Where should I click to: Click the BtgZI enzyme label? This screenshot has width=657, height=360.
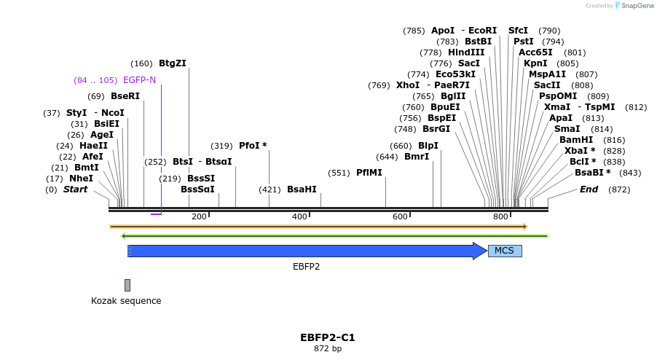(x=173, y=63)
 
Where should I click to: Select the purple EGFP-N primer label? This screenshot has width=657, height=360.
(x=139, y=80)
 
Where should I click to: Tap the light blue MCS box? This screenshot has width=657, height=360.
(x=504, y=251)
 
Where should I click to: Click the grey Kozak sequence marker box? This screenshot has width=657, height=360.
(x=127, y=285)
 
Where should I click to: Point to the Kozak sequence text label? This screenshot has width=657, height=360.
(x=126, y=301)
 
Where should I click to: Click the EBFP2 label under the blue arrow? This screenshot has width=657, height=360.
(x=306, y=267)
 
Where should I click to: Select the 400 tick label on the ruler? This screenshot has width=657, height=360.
(x=299, y=216)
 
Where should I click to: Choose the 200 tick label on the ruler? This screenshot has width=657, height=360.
(x=199, y=216)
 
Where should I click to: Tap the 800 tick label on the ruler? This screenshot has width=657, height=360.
(x=500, y=216)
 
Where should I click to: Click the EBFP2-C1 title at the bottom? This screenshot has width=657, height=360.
(x=328, y=337)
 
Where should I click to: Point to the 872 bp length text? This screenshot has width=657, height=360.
(x=328, y=348)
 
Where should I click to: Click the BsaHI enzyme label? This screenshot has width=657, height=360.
(x=302, y=189)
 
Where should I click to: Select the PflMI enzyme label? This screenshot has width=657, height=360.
(x=369, y=173)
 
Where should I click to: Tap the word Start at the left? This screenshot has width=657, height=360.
(x=75, y=189)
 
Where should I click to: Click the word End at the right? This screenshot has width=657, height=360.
(x=589, y=189)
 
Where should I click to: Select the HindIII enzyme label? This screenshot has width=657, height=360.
(x=466, y=52)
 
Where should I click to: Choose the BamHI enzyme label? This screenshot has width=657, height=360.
(x=576, y=139)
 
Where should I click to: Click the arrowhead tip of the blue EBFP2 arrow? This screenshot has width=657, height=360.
(x=486, y=251)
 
